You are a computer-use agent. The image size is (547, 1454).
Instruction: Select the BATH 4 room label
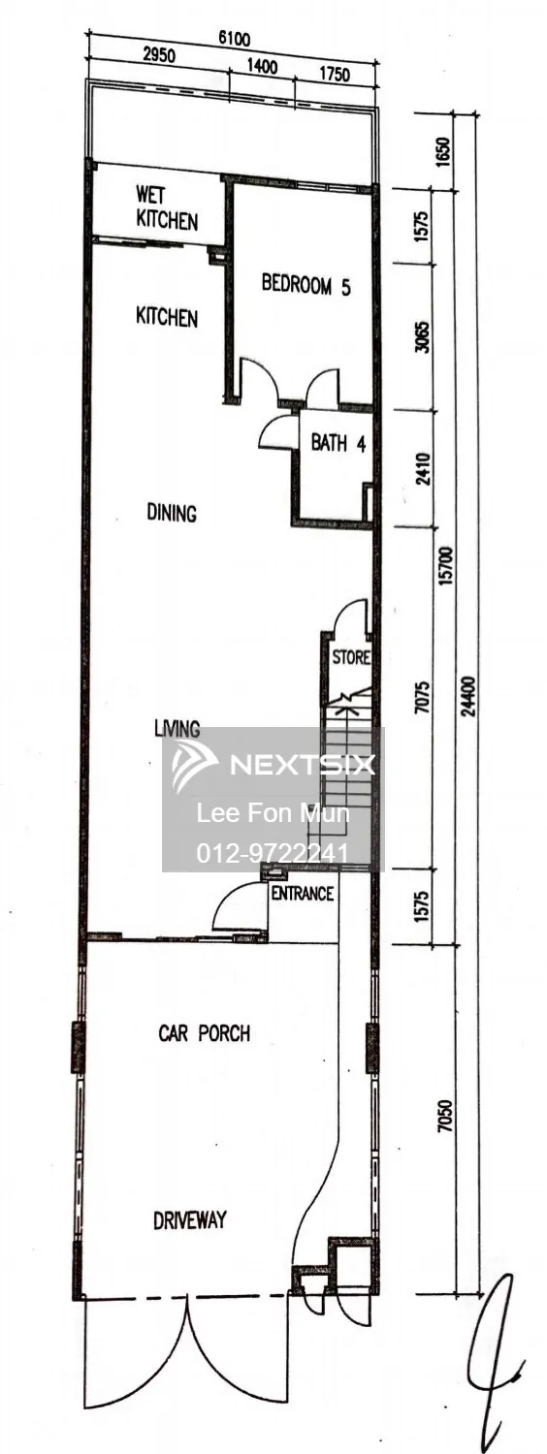tap(338, 443)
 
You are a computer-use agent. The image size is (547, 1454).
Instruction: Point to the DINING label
tap(172, 513)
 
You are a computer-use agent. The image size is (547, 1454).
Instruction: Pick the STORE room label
tap(351, 657)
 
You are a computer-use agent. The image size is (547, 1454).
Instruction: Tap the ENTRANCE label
tap(302, 894)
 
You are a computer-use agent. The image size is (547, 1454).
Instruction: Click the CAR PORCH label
tap(204, 1032)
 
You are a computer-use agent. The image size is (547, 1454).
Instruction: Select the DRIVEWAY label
tap(190, 1220)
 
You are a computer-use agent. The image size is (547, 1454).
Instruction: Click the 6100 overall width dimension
tap(234, 39)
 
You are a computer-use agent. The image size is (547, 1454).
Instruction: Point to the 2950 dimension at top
tap(158, 55)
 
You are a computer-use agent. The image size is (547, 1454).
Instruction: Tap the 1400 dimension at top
tap(263, 66)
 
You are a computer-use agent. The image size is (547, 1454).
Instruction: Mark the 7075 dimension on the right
tap(422, 697)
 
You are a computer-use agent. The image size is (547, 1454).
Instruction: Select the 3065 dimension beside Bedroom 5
tap(422, 336)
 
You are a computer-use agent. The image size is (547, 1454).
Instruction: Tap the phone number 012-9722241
tap(273, 852)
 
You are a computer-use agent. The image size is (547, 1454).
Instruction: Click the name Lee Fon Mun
tap(273, 813)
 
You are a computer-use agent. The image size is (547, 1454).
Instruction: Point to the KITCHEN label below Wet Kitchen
tap(166, 317)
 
